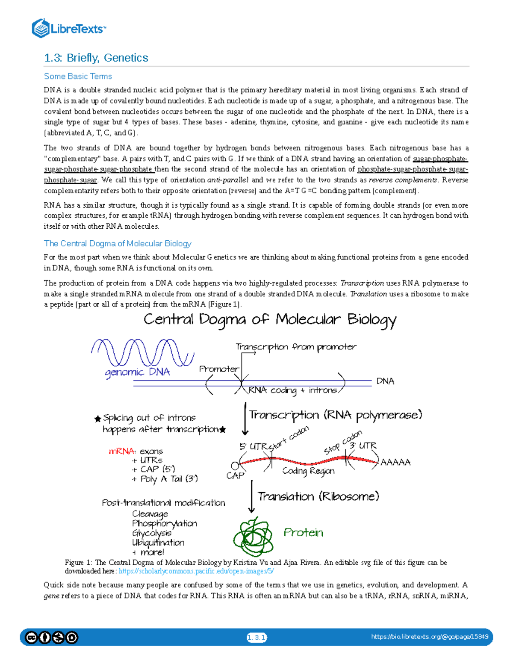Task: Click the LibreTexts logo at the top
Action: pos(68,29)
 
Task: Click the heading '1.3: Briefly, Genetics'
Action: pos(96,58)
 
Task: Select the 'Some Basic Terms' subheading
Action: pos(78,77)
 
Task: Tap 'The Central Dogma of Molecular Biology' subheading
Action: pos(118,244)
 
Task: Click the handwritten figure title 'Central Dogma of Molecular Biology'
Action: pos(270,320)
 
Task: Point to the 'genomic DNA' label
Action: pos(137,372)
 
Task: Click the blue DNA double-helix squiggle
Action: pos(142,353)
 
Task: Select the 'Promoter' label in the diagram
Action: pos(219,369)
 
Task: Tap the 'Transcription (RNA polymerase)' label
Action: pos(336,415)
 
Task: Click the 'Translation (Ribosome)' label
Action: pos(318,496)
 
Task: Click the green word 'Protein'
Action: pos(304,533)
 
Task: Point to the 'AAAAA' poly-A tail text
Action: pos(395,462)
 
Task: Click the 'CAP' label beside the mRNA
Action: pos(235,475)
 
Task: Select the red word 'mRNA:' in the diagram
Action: pos(122,452)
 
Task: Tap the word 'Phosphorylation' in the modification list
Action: pos(165,524)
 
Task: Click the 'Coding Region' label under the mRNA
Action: pos(308,471)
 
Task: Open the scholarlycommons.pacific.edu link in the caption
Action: pos(196,571)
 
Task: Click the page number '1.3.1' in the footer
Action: pos(256,637)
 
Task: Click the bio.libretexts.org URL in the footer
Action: pos(430,637)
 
